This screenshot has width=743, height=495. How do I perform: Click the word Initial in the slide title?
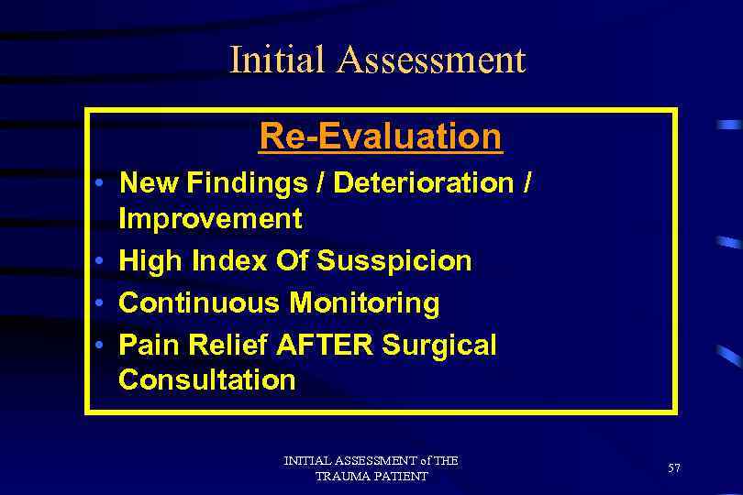point(277,60)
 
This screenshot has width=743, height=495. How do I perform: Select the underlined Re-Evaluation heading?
point(381,137)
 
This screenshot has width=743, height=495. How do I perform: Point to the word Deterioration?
point(423,183)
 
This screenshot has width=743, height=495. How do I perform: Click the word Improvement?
point(210,219)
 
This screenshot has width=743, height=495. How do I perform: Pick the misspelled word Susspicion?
point(394,261)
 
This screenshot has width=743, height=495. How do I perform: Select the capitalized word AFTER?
point(325,345)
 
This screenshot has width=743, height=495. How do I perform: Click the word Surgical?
point(438,346)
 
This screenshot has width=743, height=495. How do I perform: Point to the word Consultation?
point(207,379)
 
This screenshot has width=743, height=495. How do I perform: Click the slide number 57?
point(674,468)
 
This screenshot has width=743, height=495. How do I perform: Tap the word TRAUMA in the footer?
point(341,477)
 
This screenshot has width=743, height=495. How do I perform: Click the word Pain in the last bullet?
point(147,345)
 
